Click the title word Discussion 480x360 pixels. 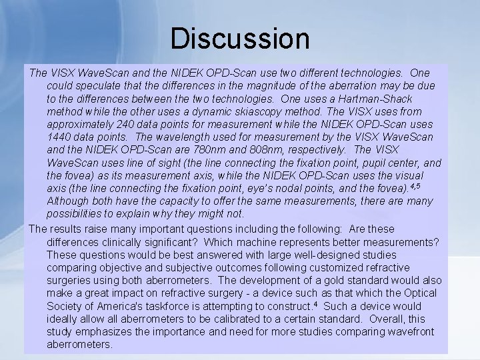click(x=240, y=39)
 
